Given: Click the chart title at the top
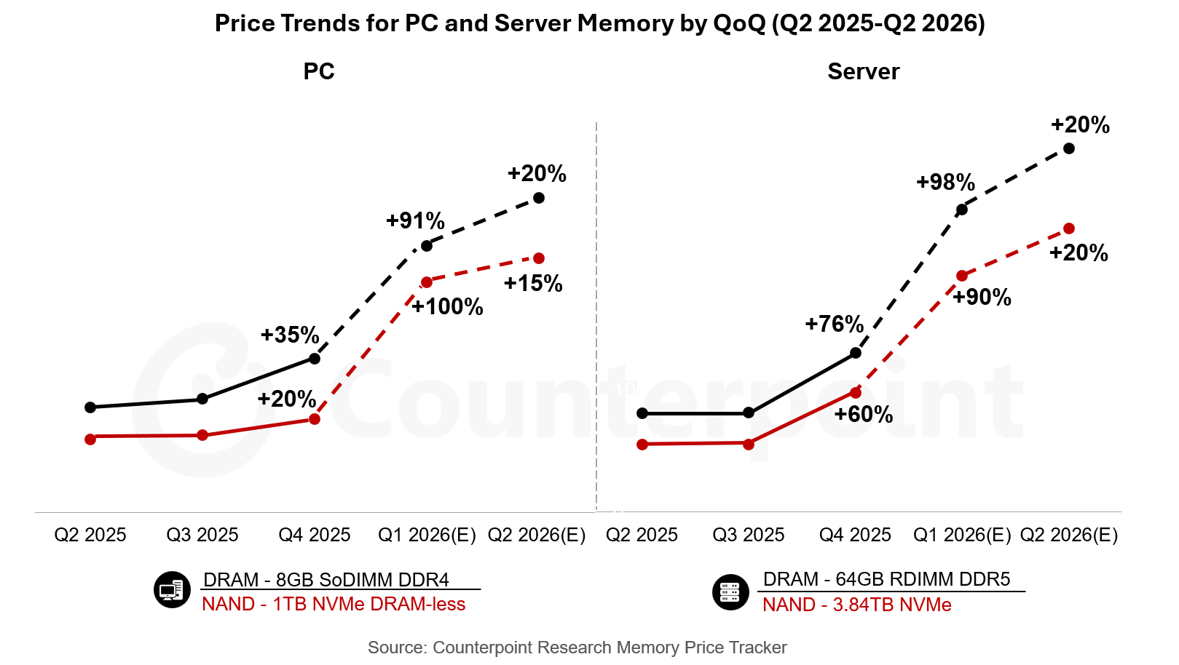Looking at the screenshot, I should (x=599, y=23).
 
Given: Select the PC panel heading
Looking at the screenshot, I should (x=319, y=71).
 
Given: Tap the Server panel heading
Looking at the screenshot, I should (x=863, y=71).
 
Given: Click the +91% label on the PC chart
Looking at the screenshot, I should (x=415, y=220).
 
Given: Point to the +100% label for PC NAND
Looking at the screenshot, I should (x=447, y=306).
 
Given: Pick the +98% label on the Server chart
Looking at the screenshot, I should (x=945, y=182).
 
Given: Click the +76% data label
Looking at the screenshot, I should (x=834, y=324).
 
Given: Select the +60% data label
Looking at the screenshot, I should (x=863, y=414).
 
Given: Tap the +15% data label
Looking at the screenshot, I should (x=533, y=283).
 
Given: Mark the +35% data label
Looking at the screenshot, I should (x=290, y=335).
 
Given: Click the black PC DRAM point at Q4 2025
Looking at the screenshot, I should (x=315, y=359).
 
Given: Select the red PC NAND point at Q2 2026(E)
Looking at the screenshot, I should (x=539, y=258).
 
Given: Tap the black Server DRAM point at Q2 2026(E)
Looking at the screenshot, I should (x=1069, y=148).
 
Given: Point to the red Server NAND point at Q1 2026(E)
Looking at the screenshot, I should (x=962, y=276).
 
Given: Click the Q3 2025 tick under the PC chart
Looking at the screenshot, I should (x=202, y=535).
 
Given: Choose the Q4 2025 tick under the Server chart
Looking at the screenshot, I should (x=855, y=535).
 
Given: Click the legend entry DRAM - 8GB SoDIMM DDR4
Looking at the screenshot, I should (x=326, y=580).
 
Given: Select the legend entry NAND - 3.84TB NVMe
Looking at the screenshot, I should (x=856, y=605).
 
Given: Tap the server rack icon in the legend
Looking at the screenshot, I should (x=730, y=592).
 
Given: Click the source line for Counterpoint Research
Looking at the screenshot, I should (x=577, y=648).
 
